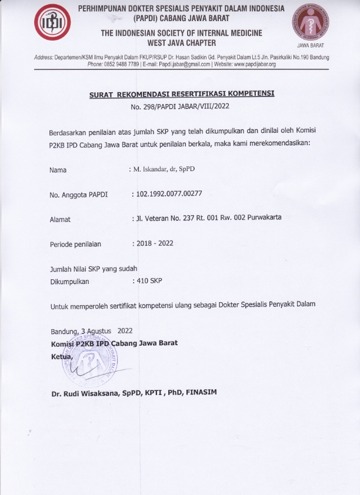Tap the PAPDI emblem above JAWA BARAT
click(x=310, y=22)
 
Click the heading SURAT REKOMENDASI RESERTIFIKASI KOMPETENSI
click(x=182, y=93)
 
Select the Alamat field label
click(x=61, y=219)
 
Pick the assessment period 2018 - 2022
click(x=155, y=243)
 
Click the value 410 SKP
click(x=149, y=280)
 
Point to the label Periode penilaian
click(x=76, y=244)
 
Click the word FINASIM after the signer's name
click(x=201, y=392)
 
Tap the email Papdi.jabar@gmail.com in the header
click(x=187, y=64)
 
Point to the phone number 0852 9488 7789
click(x=122, y=64)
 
